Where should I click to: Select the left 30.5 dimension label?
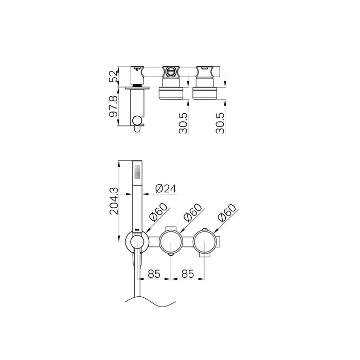[x=183, y=123]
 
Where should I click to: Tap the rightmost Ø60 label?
[x=226, y=214]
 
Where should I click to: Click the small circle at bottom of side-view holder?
[x=137, y=121]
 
